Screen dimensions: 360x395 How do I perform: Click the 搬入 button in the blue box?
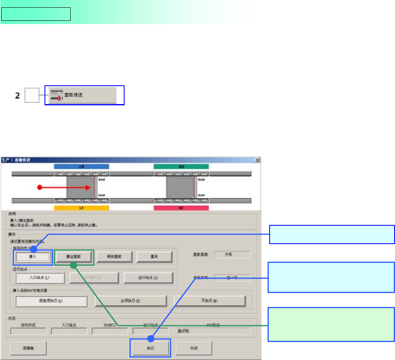(x=33, y=257)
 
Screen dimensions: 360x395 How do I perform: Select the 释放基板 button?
(x=114, y=257)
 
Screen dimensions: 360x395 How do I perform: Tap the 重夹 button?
(x=154, y=257)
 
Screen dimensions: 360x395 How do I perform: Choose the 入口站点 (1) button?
(x=40, y=278)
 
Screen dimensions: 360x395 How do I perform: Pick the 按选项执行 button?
(x=51, y=301)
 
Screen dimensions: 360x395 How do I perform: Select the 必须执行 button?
(x=131, y=301)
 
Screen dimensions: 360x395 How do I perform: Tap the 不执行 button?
(x=210, y=301)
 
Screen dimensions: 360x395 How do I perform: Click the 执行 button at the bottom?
(x=150, y=348)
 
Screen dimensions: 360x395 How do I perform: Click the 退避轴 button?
(x=28, y=348)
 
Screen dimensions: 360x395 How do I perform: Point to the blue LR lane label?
(x=81, y=167)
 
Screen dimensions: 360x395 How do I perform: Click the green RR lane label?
(x=181, y=167)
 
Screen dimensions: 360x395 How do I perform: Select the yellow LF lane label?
(x=81, y=208)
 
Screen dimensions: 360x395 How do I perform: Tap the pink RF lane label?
(x=181, y=208)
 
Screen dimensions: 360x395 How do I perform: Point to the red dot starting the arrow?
(x=40, y=187)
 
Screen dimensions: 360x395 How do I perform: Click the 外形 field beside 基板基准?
(x=232, y=254)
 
